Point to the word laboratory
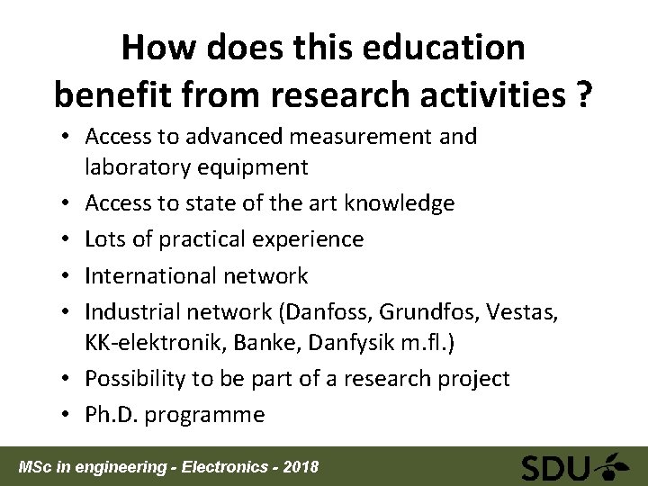coord(144,167)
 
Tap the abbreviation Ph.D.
coord(111,414)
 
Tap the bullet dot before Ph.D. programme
coord(69,414)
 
